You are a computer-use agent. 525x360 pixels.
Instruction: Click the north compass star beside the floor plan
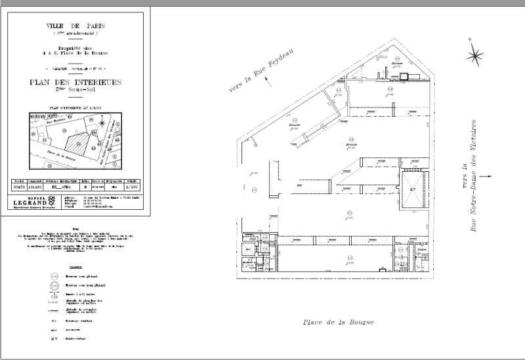pyautogui.click(x=475, y=56)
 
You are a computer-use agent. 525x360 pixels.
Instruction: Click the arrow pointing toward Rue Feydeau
pyautogui.click(x=267, y=81)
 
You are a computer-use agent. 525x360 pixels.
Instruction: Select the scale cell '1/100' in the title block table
pyautogui.click(x=132, y=186)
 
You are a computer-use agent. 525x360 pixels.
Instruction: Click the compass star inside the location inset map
pyautogui.click(x=103, y=123)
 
